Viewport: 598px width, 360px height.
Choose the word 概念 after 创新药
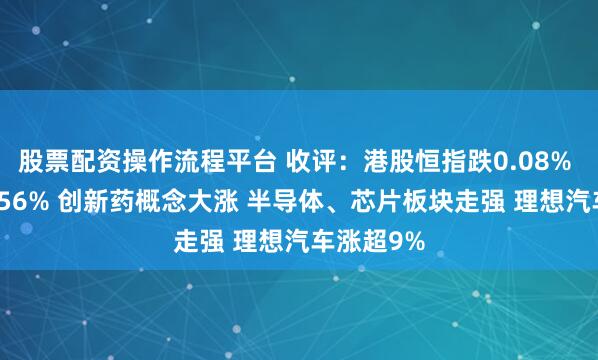[x=160, y=201]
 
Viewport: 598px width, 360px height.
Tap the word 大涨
[x=210, y=201]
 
